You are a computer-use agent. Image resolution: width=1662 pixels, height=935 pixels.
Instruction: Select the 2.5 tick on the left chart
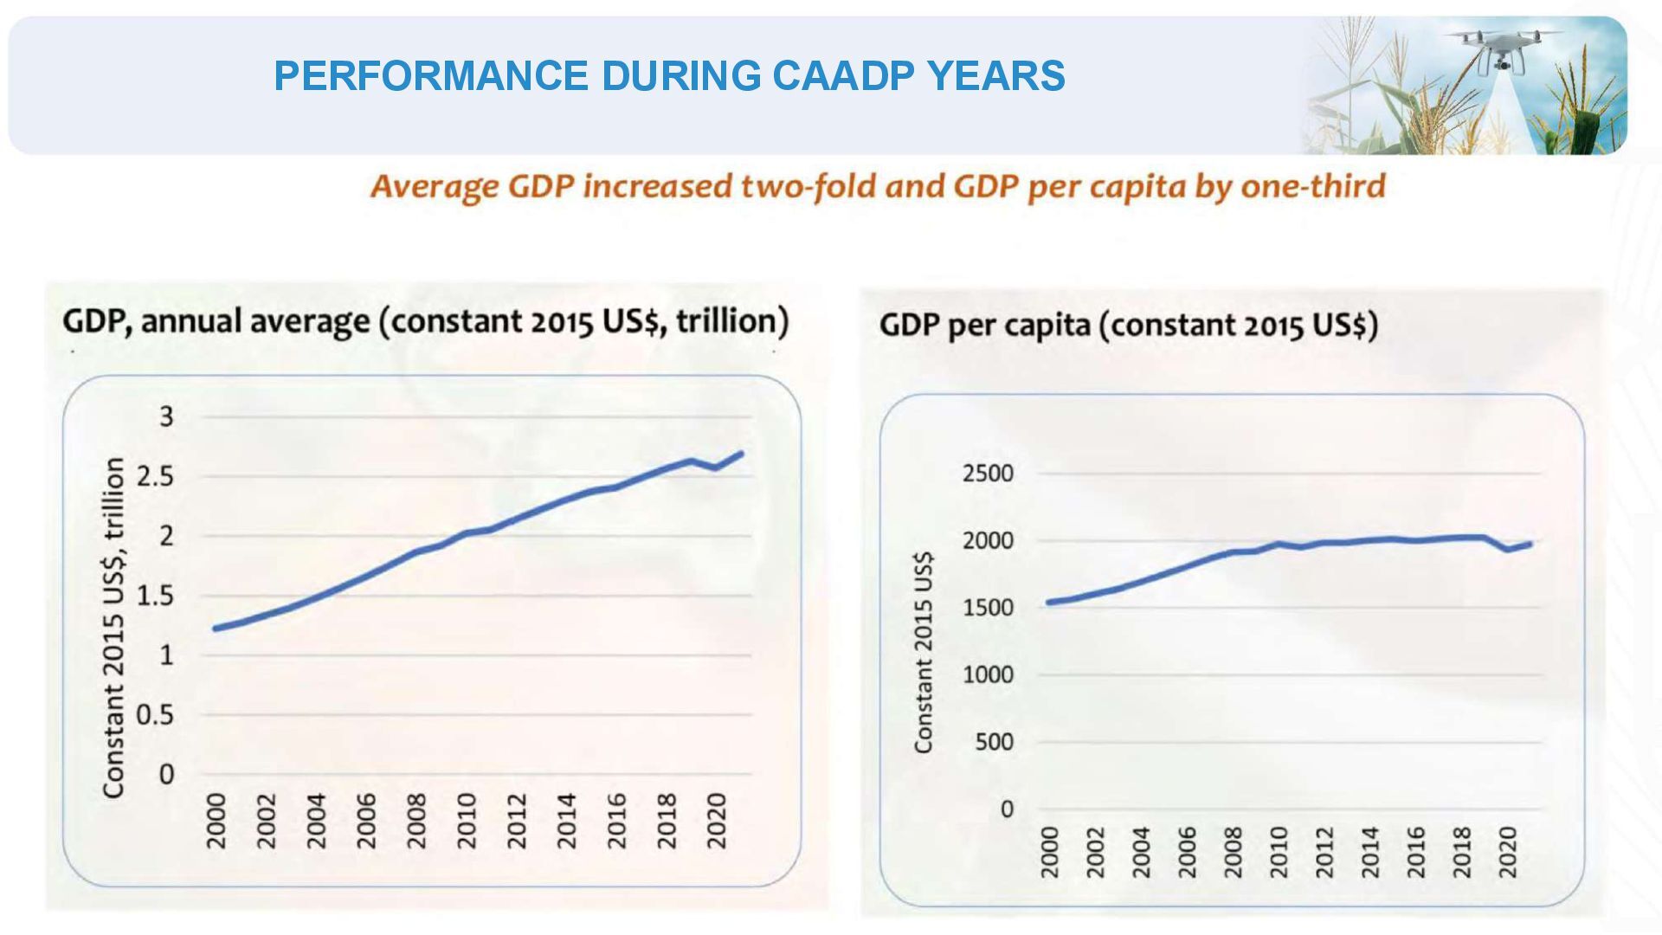click(156, 476)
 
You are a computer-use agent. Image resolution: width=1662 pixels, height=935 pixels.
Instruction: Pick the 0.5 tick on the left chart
click(156, 714)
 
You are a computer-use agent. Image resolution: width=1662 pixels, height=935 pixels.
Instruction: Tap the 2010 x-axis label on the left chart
click(467, 821)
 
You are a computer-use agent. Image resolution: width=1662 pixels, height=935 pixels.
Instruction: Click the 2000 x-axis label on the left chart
click(216, 821)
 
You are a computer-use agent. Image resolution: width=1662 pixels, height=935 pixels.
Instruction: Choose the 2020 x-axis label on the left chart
click(717, 821)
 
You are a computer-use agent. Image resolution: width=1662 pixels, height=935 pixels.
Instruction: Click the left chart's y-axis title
click(114, 627)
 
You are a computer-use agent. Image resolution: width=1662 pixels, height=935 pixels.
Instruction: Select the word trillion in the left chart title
click(731, 321)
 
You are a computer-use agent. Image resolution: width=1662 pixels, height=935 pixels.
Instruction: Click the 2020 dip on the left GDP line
click(716, 467)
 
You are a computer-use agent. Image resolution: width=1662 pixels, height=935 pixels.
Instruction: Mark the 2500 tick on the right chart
click(988, 474)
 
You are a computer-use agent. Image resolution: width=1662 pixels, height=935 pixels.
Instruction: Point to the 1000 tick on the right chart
click(988, 674)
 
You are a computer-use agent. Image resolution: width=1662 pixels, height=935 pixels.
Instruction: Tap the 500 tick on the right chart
click(995, 742)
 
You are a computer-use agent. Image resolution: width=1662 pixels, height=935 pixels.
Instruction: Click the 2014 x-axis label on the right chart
click(1369, 852)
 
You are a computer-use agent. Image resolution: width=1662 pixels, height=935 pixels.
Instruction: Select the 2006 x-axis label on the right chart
click(1187, 852)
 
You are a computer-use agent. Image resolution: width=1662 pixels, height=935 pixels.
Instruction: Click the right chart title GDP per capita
click(985, 326)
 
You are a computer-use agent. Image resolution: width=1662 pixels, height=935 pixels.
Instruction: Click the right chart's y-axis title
click(924, 652)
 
